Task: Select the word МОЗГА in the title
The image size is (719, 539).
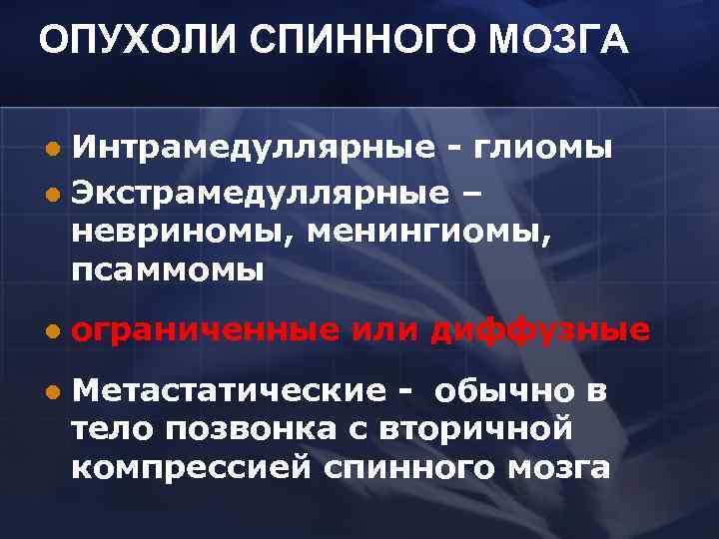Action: point(563,42)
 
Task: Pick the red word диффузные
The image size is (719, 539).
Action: point(540,330)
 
